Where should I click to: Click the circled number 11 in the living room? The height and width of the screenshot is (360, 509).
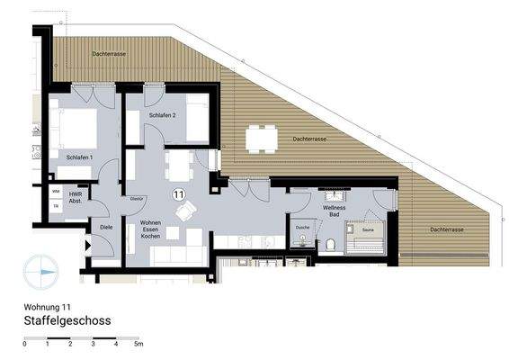coord(179,193)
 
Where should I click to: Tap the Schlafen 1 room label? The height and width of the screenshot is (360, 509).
coord(80,157)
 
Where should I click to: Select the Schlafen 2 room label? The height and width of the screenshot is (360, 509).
coord(162,116)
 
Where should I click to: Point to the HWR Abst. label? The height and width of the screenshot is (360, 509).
coord(76,199)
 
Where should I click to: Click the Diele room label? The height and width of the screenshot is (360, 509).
coord(105,228)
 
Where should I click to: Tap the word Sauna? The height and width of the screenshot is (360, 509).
coord(368,230)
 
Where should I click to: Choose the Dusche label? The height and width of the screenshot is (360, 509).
coord(302,229)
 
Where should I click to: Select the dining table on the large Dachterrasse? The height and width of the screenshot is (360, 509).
coord(262,138)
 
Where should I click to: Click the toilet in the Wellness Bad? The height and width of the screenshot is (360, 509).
coord(331,244)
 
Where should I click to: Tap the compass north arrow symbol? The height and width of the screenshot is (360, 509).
coord(42,269)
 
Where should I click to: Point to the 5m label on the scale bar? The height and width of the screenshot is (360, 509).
coord(138,345)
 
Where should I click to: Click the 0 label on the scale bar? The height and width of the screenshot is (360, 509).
coord(24,345)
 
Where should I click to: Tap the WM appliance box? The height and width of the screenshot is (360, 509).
coord(56,192)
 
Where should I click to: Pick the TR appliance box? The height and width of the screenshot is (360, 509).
coord(56,206)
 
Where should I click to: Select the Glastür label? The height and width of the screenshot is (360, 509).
coord(138,198)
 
